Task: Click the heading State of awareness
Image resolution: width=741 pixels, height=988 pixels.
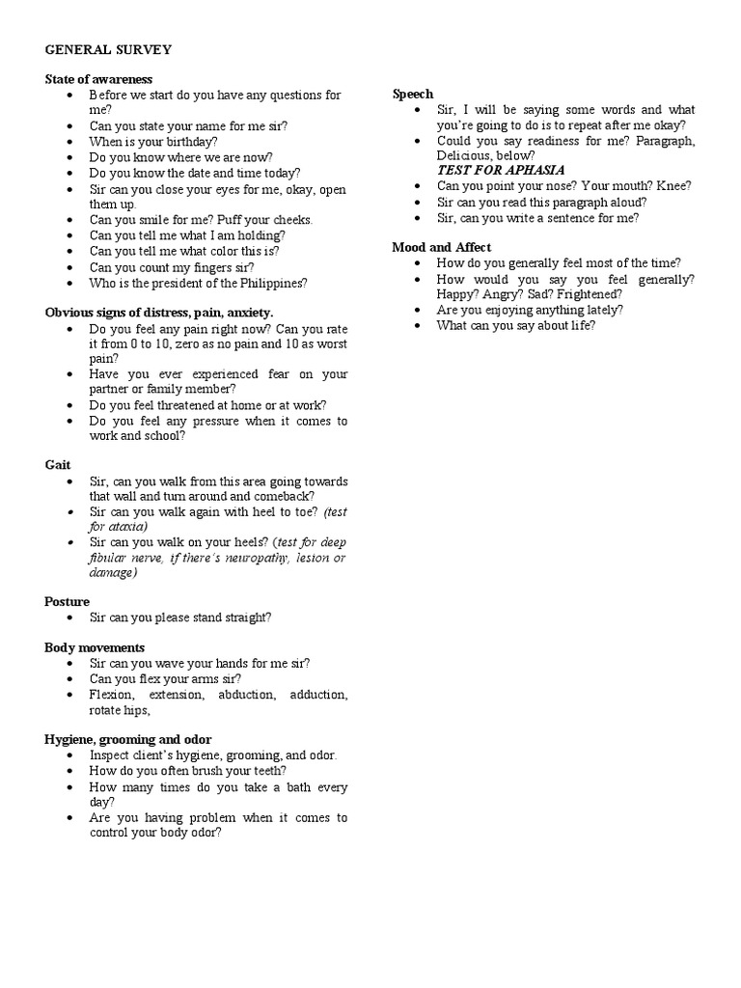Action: [x=98, y=79]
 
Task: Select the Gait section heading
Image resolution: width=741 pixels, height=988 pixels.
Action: [x=58, y=465]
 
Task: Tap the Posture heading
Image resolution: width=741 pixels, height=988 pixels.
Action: [x=67, y=601]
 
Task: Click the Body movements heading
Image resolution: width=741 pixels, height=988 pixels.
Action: [x=95, y=647]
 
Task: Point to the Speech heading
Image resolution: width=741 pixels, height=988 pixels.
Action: [x=413, y=95]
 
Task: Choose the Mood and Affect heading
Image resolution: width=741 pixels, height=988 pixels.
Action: [x=441, y=247]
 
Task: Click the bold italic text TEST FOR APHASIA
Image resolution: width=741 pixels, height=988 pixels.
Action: [x=501, y=170]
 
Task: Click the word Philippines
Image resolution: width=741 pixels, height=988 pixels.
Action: [x=272, y=283]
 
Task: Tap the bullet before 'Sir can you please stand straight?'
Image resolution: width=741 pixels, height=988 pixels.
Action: [x=71, y=617]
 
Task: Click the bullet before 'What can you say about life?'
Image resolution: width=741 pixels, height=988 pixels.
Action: [x=417, y=326]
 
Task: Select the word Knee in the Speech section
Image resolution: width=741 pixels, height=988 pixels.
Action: [x=672, y=186]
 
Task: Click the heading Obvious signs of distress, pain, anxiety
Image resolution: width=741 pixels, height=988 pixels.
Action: [x=159, y=313]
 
